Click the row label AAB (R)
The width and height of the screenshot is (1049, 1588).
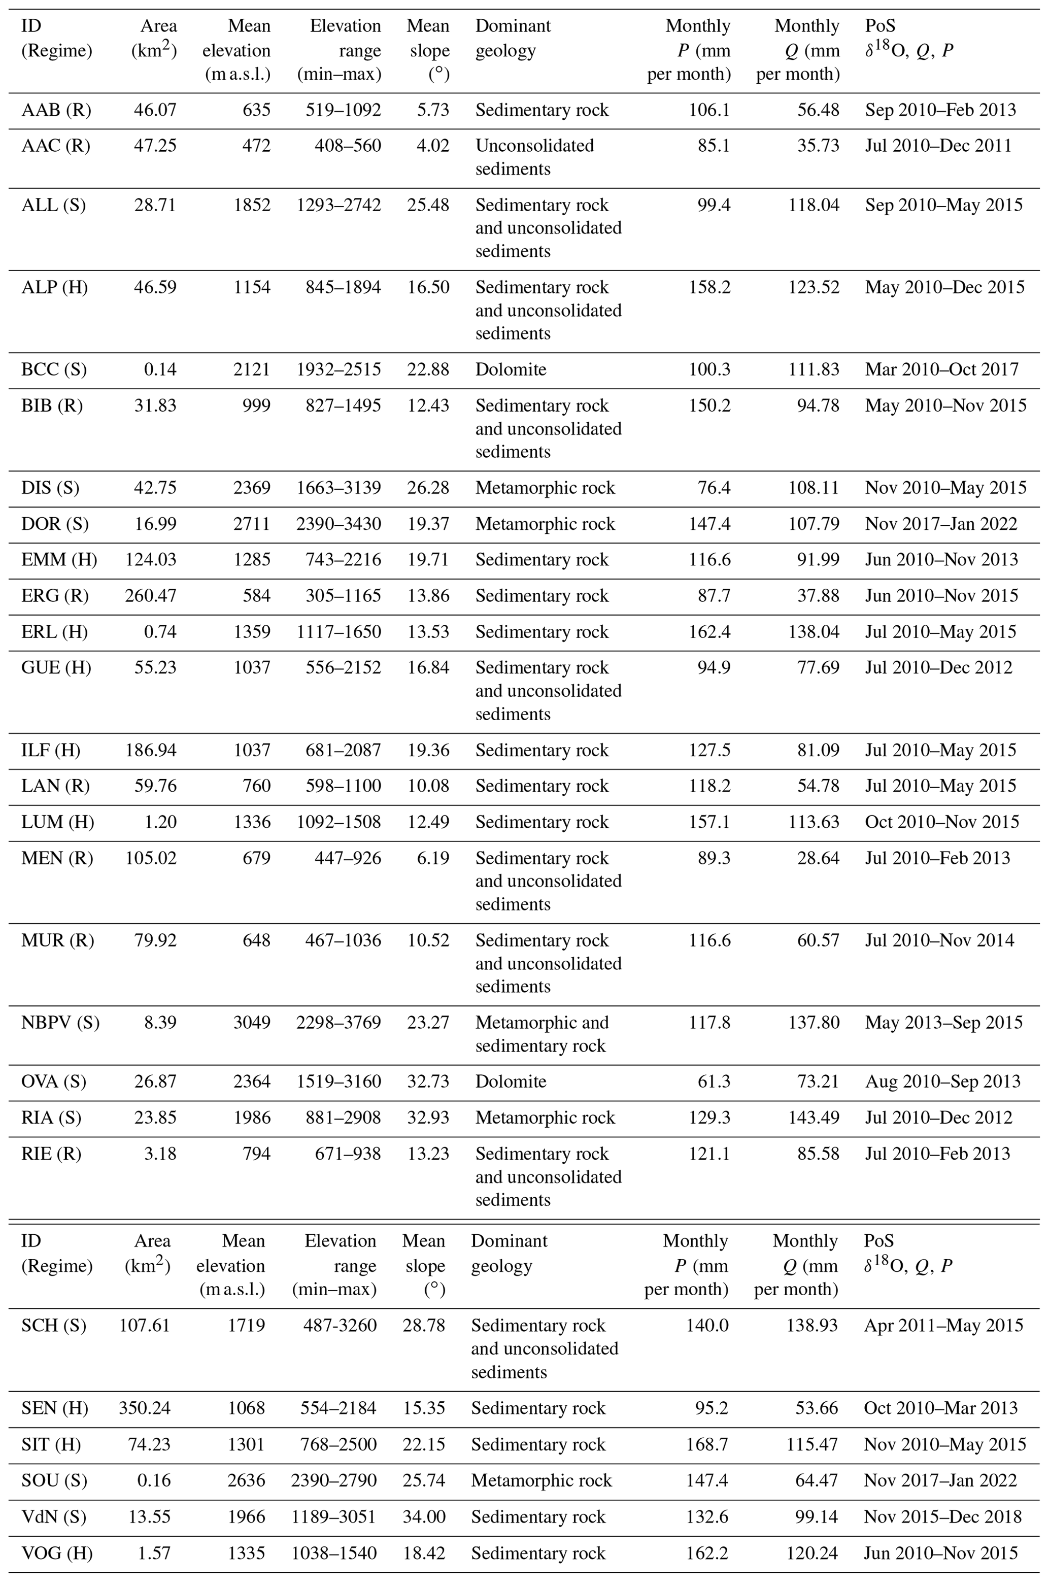(56, 110)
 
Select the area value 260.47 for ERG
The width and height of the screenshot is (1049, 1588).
(151, 595)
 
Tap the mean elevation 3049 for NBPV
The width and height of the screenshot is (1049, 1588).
(252, 1022)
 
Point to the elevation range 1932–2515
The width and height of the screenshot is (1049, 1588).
(339, 369)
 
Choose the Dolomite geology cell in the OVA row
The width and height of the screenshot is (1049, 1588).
(511, 1082)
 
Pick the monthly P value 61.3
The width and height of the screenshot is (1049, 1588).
(714, 1082)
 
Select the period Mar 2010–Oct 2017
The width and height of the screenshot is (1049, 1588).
(941, 369)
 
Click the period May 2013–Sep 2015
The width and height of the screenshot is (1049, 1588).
(943, 1022)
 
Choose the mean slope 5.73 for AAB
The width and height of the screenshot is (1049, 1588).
(433, 110)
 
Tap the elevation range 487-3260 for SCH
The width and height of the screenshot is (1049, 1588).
(334, 1325)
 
